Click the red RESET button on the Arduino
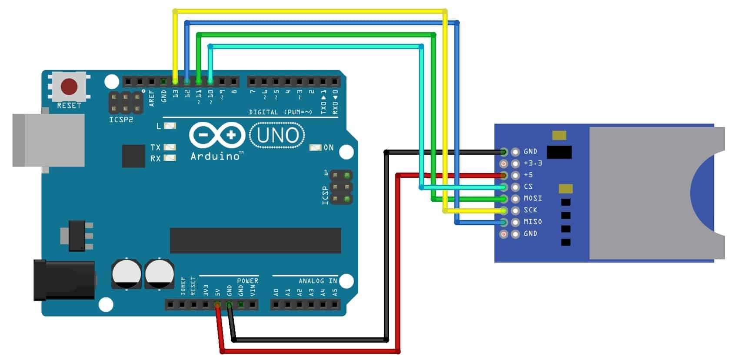point(69,87)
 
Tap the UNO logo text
point(278,135)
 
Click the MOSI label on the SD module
point(532,198)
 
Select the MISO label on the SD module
point(532,222)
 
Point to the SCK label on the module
point(530,210)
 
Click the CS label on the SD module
point(528,187)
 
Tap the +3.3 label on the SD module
point(532,163)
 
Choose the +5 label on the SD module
point(528,175)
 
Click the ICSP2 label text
point(121,120)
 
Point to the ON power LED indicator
point(315,148)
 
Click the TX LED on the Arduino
point(170,147)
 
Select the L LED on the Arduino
point(170,126)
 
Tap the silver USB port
point(48,140)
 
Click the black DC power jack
point(64,280)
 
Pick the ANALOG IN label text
point(318,281)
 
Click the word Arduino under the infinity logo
point(216,156)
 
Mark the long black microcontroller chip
point(255,240)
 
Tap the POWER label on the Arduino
point(247,281)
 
